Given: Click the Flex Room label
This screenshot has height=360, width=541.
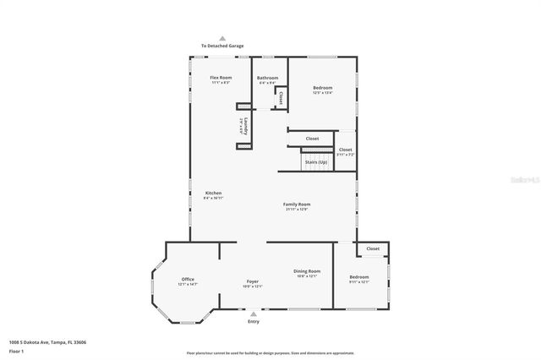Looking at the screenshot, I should [221, 78].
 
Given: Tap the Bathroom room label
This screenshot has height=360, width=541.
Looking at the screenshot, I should [268, 78].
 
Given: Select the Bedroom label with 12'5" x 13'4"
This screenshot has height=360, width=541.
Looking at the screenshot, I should [322, 88].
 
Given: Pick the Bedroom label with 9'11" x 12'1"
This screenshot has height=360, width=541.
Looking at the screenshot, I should [359, 277].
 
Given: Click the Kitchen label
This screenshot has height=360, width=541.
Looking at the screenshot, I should [213, 194].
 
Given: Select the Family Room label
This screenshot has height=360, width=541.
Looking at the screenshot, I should [297, 205].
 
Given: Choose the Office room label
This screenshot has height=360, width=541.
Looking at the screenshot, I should [188, 280].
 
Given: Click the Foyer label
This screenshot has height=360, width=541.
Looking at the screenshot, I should [253, 281].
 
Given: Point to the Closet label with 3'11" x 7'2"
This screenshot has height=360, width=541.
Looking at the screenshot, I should [346, 150].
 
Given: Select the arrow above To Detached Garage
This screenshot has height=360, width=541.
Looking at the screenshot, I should [221, 38].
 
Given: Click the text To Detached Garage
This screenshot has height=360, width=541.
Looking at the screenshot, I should [221, 46].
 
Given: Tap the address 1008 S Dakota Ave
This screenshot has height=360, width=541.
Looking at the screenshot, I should [48, 342].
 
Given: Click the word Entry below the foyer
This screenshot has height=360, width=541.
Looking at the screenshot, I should [254, 322].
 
